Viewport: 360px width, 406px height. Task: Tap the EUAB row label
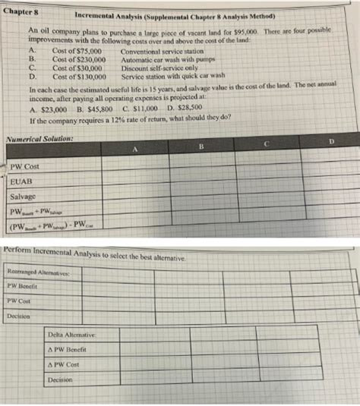pyautogui.click(x=24, y=181)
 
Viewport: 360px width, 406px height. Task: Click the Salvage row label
pyautogui.click(x=27, y=196)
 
